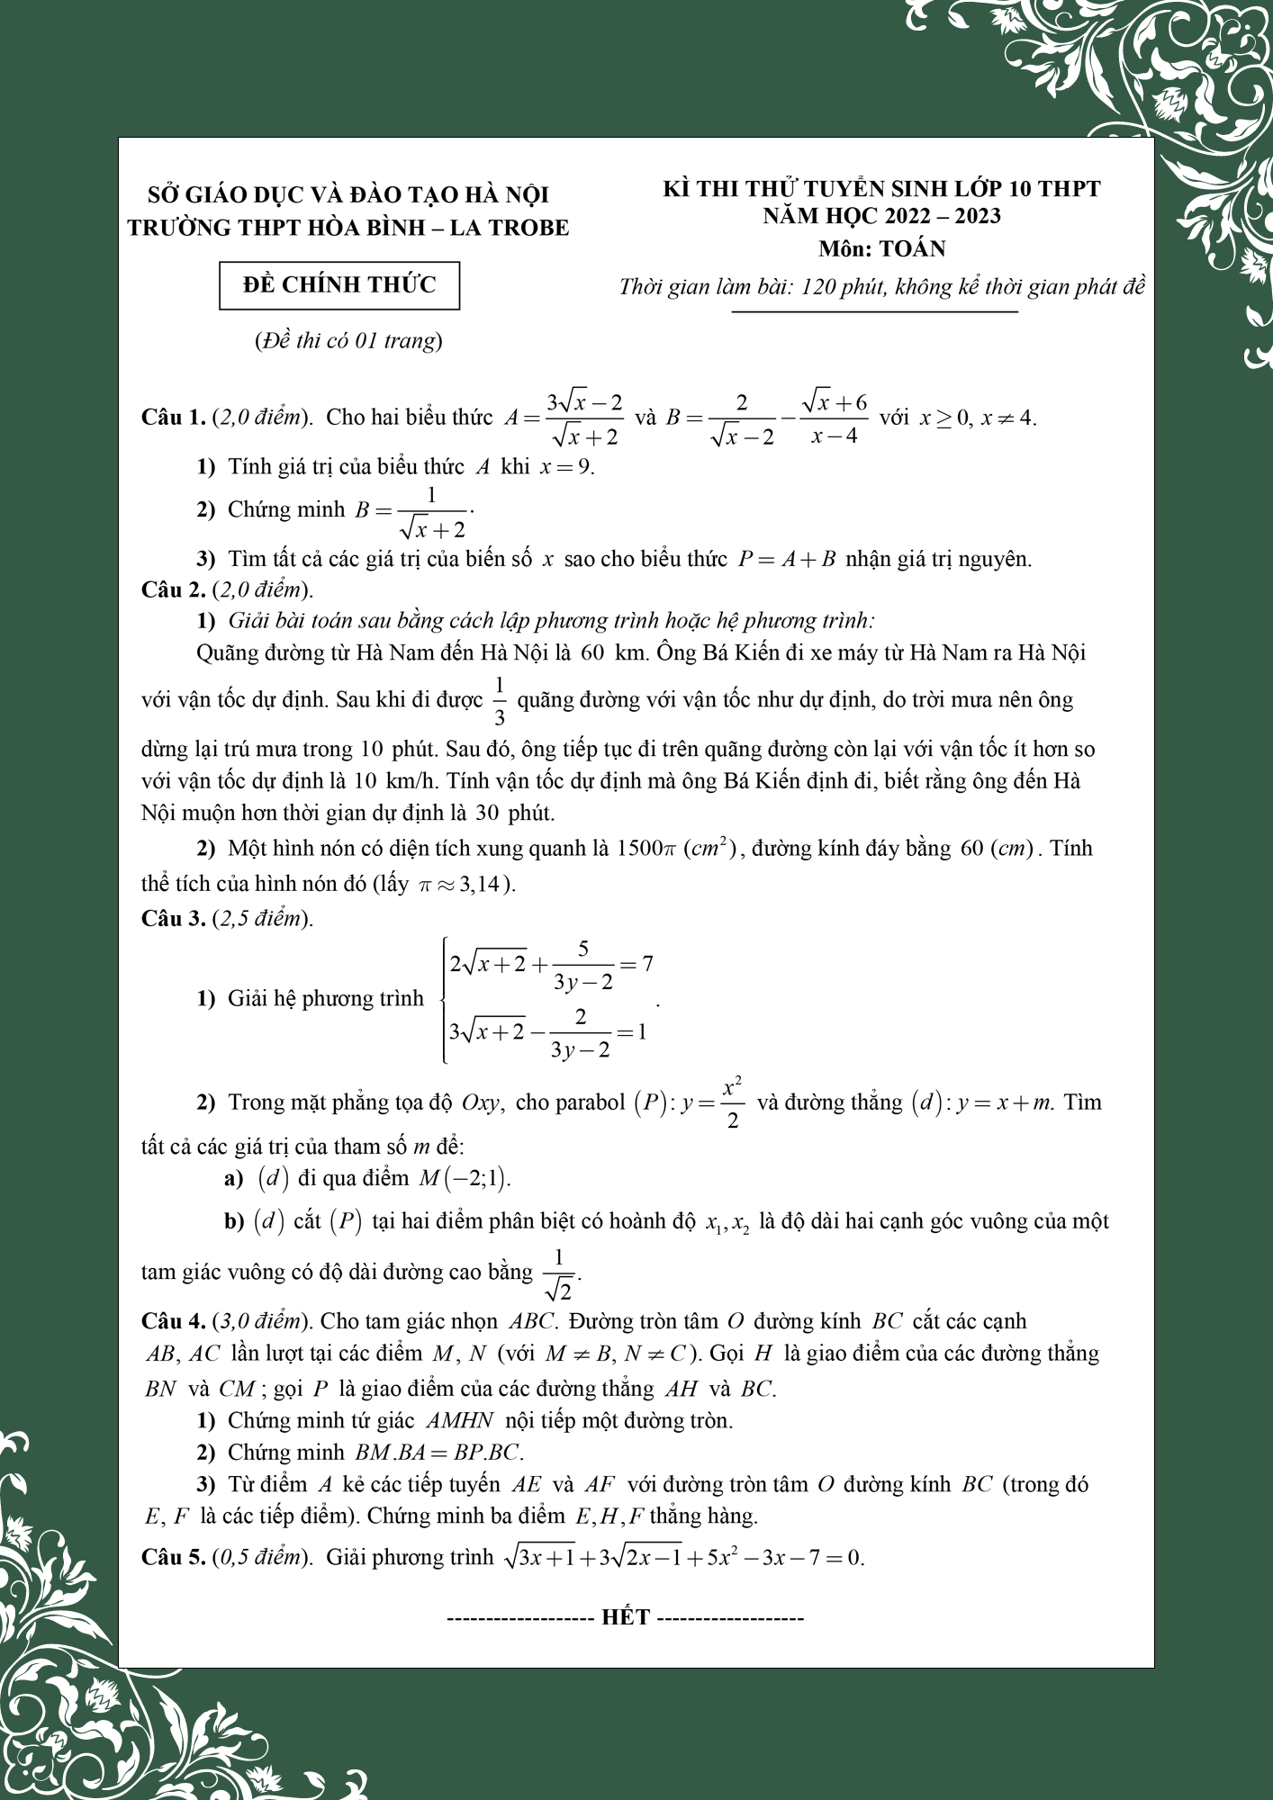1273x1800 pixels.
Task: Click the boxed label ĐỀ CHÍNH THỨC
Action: pyautogui.click(x=339, y=285)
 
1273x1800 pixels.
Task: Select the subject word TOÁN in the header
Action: pyautogui.click(x=912, y=248)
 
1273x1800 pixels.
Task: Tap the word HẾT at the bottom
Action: pyautogui.click(x=626, y=1617)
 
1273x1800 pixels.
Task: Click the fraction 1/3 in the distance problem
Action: pyautogui.click(x=500, y=700)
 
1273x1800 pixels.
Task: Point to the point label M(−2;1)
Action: pyautogui.click(x=463, y=1178)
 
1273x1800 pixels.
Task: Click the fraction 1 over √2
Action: pyautogui.click(x=559, y=1273)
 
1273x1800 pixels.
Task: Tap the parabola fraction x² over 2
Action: pyautogui.click(x=732, y=1102)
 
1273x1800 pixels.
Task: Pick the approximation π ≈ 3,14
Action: pyautogui.click(x=463, y=884)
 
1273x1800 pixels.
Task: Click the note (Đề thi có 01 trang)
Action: pyautogui.click(x=348, y=341)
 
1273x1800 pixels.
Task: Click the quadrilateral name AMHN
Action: pyautogui.click(x=460, y=1421)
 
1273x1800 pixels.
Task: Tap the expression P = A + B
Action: pyautogui.click(x=787, y=559)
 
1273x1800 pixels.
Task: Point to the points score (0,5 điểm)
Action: pyautogui.click(x=262, y=1558)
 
